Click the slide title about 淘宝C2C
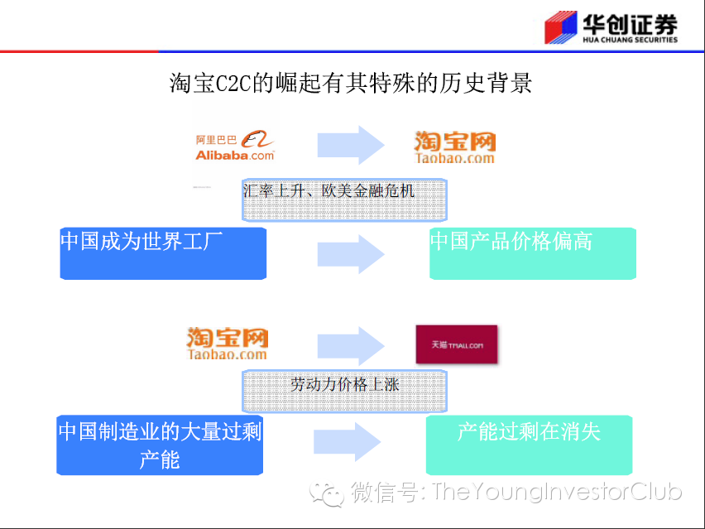click(x=351, y=84)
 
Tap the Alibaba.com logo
click(x=235, y=146)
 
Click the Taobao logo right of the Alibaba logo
click(x=454, y=147)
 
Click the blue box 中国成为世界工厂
click(x=163, y=252)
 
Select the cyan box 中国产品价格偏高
click(x=532, y=252)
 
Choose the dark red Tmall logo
click(x=457, y=344)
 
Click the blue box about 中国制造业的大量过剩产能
click(x=160, y=445)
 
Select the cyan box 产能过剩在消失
click(x=529, y=444)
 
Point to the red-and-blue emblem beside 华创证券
click(x=559, y=28)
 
